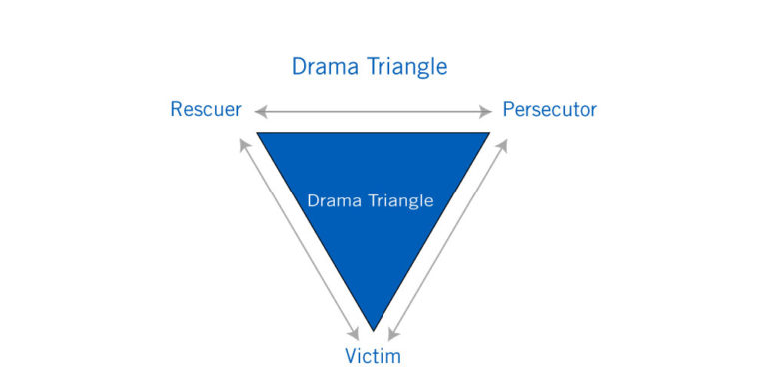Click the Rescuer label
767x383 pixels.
tap(206, 109)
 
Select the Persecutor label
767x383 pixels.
tap(549, 109)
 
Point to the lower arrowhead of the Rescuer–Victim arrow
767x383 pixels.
tap(356, 334)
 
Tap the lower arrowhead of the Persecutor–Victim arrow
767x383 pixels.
tap(390, 334)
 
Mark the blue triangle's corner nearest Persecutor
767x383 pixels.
tap(487, 134)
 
